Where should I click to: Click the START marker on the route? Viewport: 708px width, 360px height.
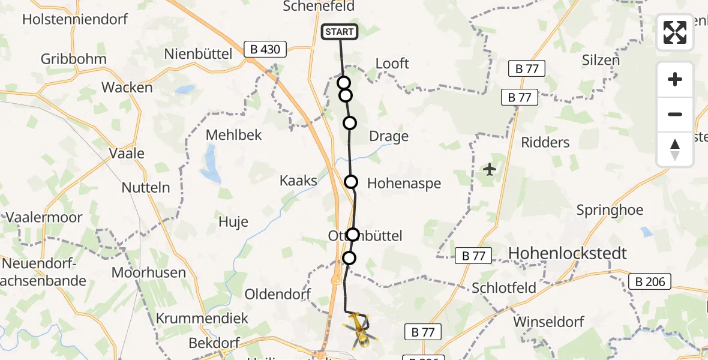pos(340,32)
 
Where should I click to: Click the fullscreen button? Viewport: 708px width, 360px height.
pos(675,32)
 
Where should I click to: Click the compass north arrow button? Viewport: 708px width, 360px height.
pos(675,149)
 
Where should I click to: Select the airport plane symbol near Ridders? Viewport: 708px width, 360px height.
pos(490,169)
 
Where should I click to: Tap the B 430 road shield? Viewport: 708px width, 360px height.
pos(265,49)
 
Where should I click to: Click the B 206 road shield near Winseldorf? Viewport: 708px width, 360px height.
pos(650,281)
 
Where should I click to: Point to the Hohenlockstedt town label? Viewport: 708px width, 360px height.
pos(567,253)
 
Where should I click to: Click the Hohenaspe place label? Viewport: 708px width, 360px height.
pos(404,183)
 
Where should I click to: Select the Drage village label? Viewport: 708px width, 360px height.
pos(389,136)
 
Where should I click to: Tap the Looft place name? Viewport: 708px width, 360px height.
pos(392,63)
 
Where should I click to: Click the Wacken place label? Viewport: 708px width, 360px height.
pos(127,87)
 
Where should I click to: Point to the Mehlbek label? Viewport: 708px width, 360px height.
pos(233,134)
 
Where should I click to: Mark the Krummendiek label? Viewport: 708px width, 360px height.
pos(202,318)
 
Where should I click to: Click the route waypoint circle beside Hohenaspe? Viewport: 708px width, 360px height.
pos(351,181)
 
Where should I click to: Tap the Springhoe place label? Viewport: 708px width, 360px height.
pos(610,210)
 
